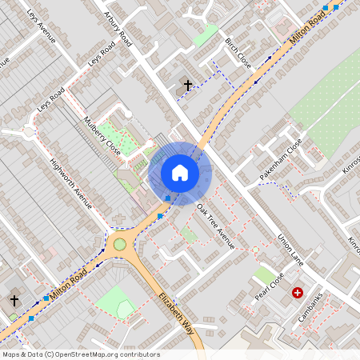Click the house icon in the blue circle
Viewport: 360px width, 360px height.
pos(180,172)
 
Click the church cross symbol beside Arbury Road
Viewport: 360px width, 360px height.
pos(188,84)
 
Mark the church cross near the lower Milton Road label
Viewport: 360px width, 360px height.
pos(14,300)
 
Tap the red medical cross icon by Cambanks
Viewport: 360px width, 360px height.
pos(298,293)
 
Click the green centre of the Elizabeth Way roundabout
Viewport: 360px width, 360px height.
pos(120,243)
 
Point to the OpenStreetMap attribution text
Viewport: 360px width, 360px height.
pos(80,354)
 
